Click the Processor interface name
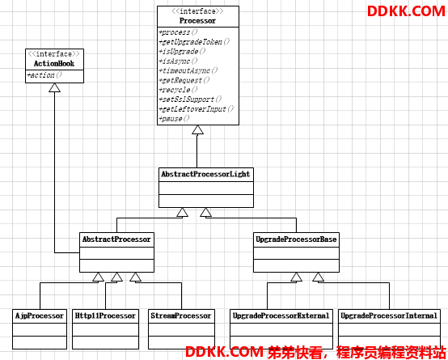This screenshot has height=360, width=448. (x=197, y=21)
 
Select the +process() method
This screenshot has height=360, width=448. (x=178, y=32)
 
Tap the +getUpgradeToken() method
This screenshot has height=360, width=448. (x=194, y=42)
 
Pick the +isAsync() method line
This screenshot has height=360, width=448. (x=178, y=61)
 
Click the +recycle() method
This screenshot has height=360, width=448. (x=178, y=90)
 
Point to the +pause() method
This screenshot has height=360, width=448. (x=174, y=119)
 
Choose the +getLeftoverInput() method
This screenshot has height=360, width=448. (x=197, y=109)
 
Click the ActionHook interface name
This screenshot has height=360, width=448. (x=54, y=63)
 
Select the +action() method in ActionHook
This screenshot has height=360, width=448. (x=44, y=75)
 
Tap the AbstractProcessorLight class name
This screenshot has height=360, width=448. (x=205, y=174)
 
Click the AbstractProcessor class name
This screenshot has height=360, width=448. (x=116, y=239)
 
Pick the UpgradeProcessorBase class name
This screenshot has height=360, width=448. (x=296, y=239)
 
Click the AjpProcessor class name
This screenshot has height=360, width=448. (x=40, y=316)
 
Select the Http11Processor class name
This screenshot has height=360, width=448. (x=105, y=316)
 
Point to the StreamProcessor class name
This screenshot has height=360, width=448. (x=181, y=316)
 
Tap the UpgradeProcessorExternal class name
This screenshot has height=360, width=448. (x=281, y=316)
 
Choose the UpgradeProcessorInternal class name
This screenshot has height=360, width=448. (x=389, y=316)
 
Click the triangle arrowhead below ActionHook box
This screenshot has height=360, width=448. (x=54, y=87)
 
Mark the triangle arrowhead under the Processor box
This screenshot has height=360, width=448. (x=197, y=129)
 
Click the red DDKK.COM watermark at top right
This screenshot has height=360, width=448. (x=406, y=11)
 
